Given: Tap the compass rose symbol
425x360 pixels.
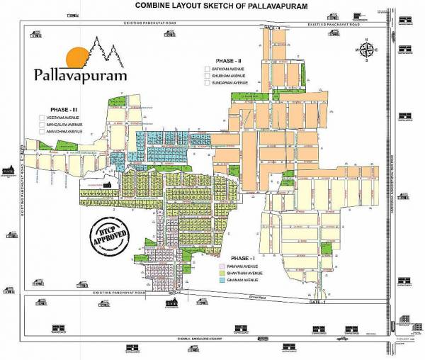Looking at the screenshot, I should [x=369, y=50].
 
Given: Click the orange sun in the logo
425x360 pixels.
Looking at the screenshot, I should [x=75, y=57].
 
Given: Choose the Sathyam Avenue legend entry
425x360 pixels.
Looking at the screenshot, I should [x=227, y=69].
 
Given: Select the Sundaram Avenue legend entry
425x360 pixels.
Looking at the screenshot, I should [x=228, y=83].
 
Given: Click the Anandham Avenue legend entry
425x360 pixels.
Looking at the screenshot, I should [x=65, y=132].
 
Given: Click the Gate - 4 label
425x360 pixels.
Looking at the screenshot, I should [x=272, y=27].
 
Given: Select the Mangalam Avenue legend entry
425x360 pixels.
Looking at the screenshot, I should [x=66, y=124].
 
